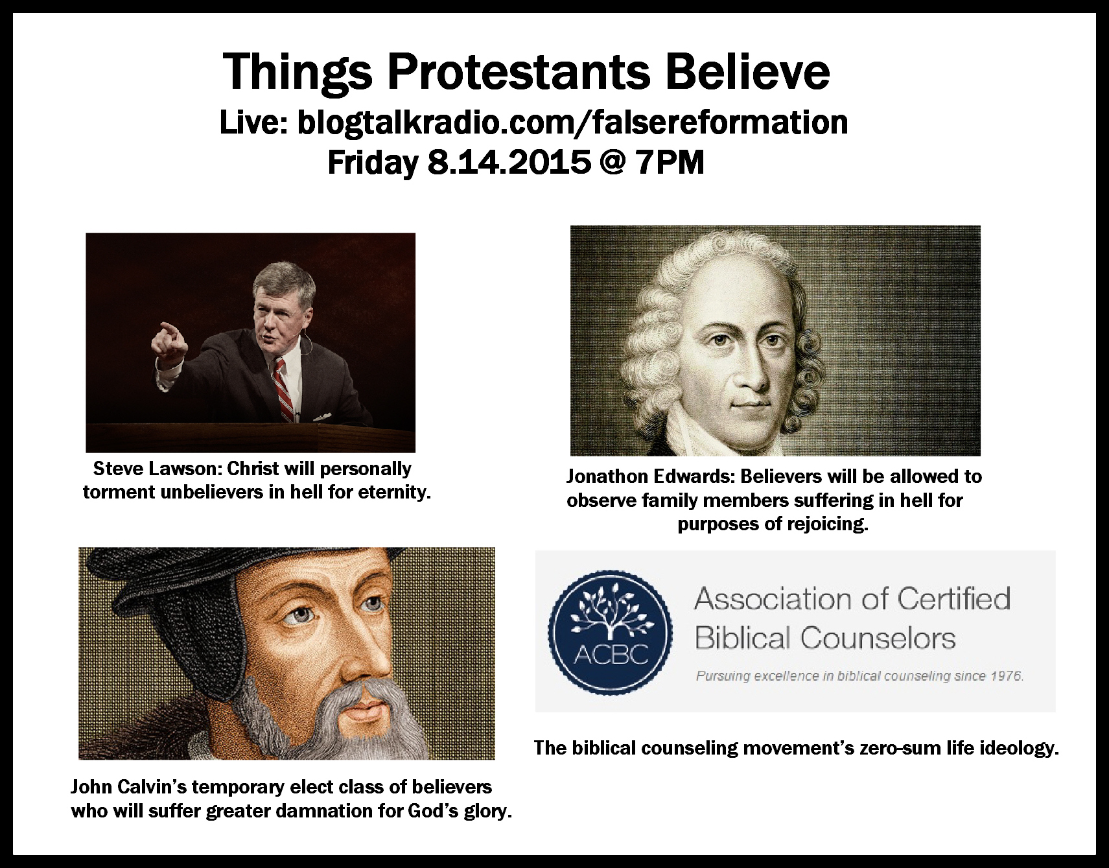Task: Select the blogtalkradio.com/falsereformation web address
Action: tap(572, 123)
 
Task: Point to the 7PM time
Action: tap(670, 163)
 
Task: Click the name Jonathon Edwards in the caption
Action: tap(650, 476)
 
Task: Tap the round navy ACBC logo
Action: tap(607, 633)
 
